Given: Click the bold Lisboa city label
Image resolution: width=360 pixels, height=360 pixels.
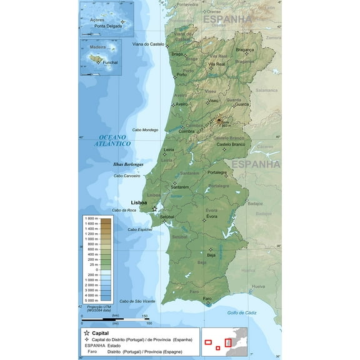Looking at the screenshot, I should (139, 202).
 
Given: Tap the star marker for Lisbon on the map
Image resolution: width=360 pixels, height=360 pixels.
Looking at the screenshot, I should (154, 209).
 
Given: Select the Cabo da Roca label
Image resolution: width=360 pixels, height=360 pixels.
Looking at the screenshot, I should (124, 210).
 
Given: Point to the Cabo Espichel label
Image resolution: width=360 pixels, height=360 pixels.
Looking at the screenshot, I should (141, 229).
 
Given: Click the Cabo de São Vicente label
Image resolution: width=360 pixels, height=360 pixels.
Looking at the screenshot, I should (137, 301).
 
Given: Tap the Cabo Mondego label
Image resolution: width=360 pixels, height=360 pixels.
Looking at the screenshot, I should (145, 129).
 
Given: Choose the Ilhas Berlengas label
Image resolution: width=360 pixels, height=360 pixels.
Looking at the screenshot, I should (128, 164).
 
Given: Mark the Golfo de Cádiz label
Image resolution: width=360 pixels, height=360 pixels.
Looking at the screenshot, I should (242, 312).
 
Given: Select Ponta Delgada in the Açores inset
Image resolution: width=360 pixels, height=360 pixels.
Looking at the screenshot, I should (107, 27).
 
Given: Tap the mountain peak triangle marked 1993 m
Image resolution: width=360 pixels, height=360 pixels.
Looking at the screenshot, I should (219, 120).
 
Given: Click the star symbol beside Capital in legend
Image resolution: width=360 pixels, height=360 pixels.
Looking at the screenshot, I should (87, 333).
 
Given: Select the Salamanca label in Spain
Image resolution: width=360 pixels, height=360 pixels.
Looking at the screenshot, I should (266, 90).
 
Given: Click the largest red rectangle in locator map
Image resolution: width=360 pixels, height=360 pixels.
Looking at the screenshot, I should (228, 342).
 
